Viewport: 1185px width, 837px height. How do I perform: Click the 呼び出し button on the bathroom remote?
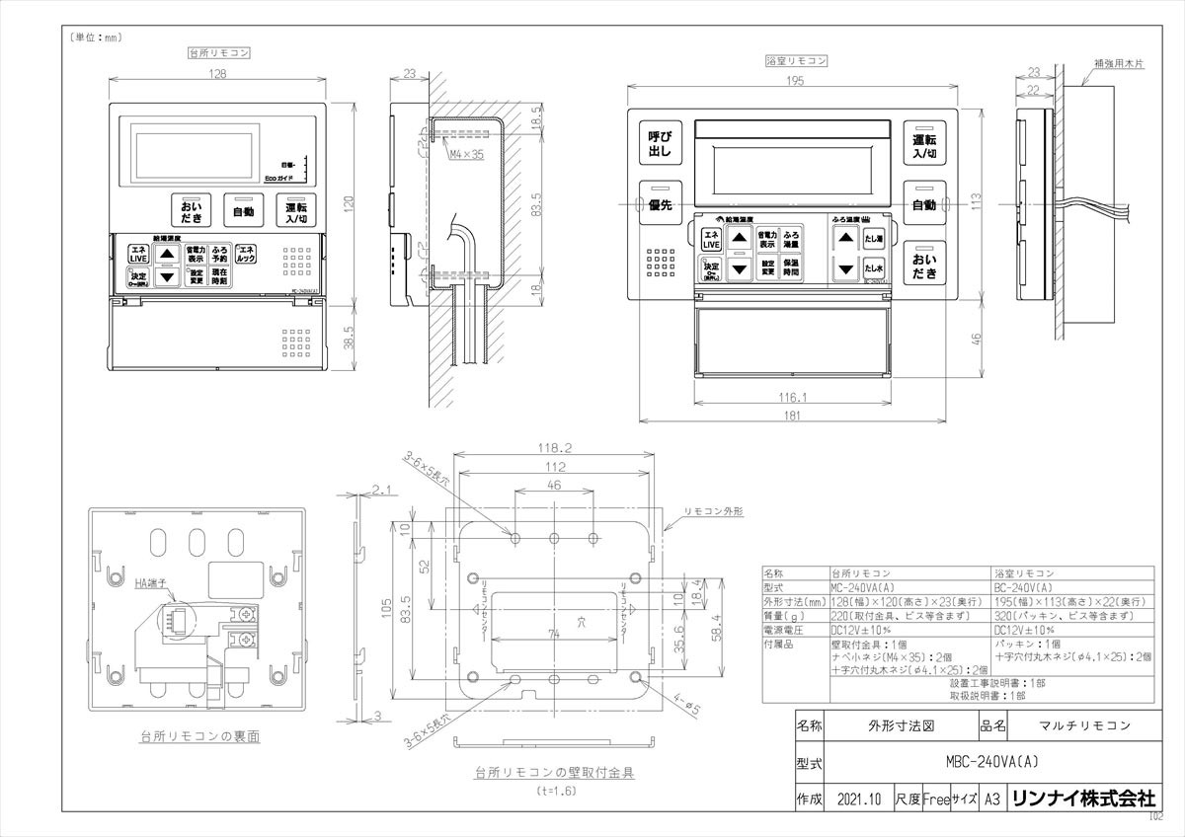tap(659, 145)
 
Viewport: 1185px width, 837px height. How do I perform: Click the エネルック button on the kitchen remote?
tap(246, 254)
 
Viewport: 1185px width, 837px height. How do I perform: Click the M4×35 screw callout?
tap(464, 155)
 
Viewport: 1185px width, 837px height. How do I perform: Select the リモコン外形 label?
tap(713, 513)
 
